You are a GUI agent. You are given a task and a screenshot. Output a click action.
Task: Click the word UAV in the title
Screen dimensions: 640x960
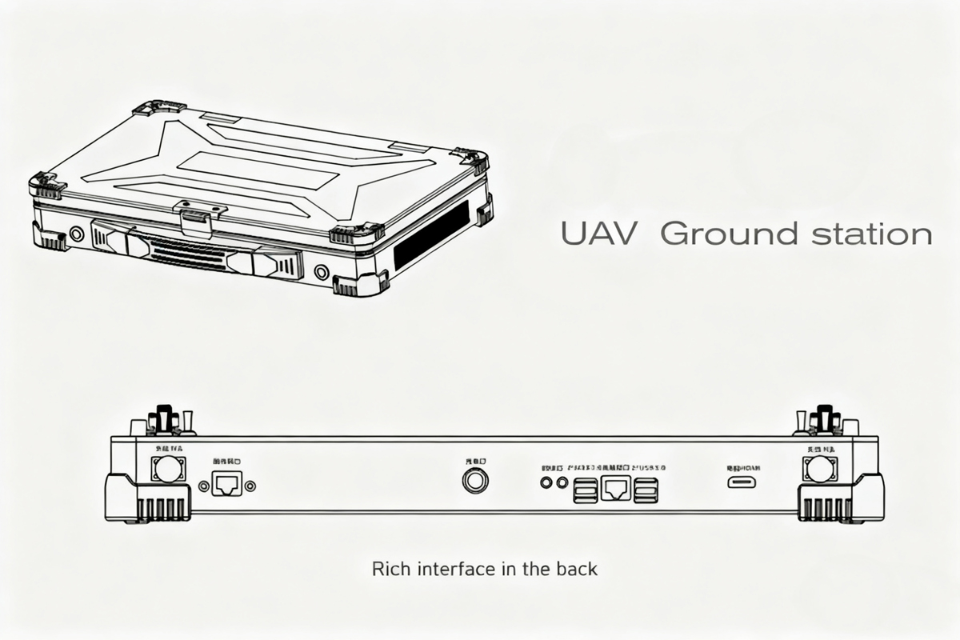[598, 234]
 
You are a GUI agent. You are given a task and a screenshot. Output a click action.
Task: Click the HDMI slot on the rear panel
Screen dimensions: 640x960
[743, 482]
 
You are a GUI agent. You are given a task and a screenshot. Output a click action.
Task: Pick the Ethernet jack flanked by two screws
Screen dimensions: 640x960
[225, 484]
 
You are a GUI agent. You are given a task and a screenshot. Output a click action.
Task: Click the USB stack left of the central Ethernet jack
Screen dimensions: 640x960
[586, 490]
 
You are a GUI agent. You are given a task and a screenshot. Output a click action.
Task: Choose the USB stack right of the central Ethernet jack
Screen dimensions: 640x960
[646, 490]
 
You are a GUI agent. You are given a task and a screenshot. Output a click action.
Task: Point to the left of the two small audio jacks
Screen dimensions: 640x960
[547, 482]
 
